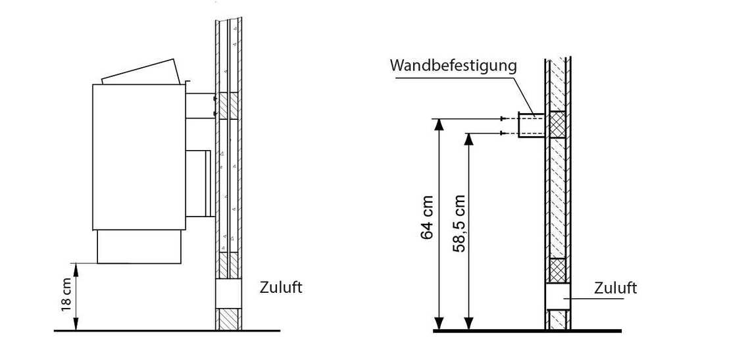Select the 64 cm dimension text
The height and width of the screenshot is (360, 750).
[x=428, y=217]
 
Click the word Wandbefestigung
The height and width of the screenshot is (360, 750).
[x=453, y=66]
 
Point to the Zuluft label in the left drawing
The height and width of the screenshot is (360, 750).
[x=281, y=288]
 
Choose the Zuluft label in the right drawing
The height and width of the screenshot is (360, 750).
[x=615, y=288]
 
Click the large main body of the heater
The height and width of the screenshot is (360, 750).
[x=138, y=157]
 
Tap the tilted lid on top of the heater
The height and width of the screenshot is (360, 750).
[x=141, y=73]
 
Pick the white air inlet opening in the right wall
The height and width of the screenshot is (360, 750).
[x=557, y=296]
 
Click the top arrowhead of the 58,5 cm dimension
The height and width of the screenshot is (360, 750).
[x=469, y=138]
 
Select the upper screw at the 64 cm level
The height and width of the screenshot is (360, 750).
[x=503, y=118]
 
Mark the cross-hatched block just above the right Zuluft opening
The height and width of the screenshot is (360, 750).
[x=557, y=270]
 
